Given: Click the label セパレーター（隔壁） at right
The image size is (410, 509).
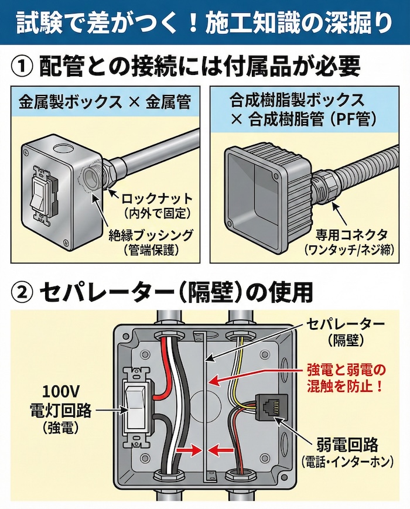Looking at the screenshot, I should (347, 332).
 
